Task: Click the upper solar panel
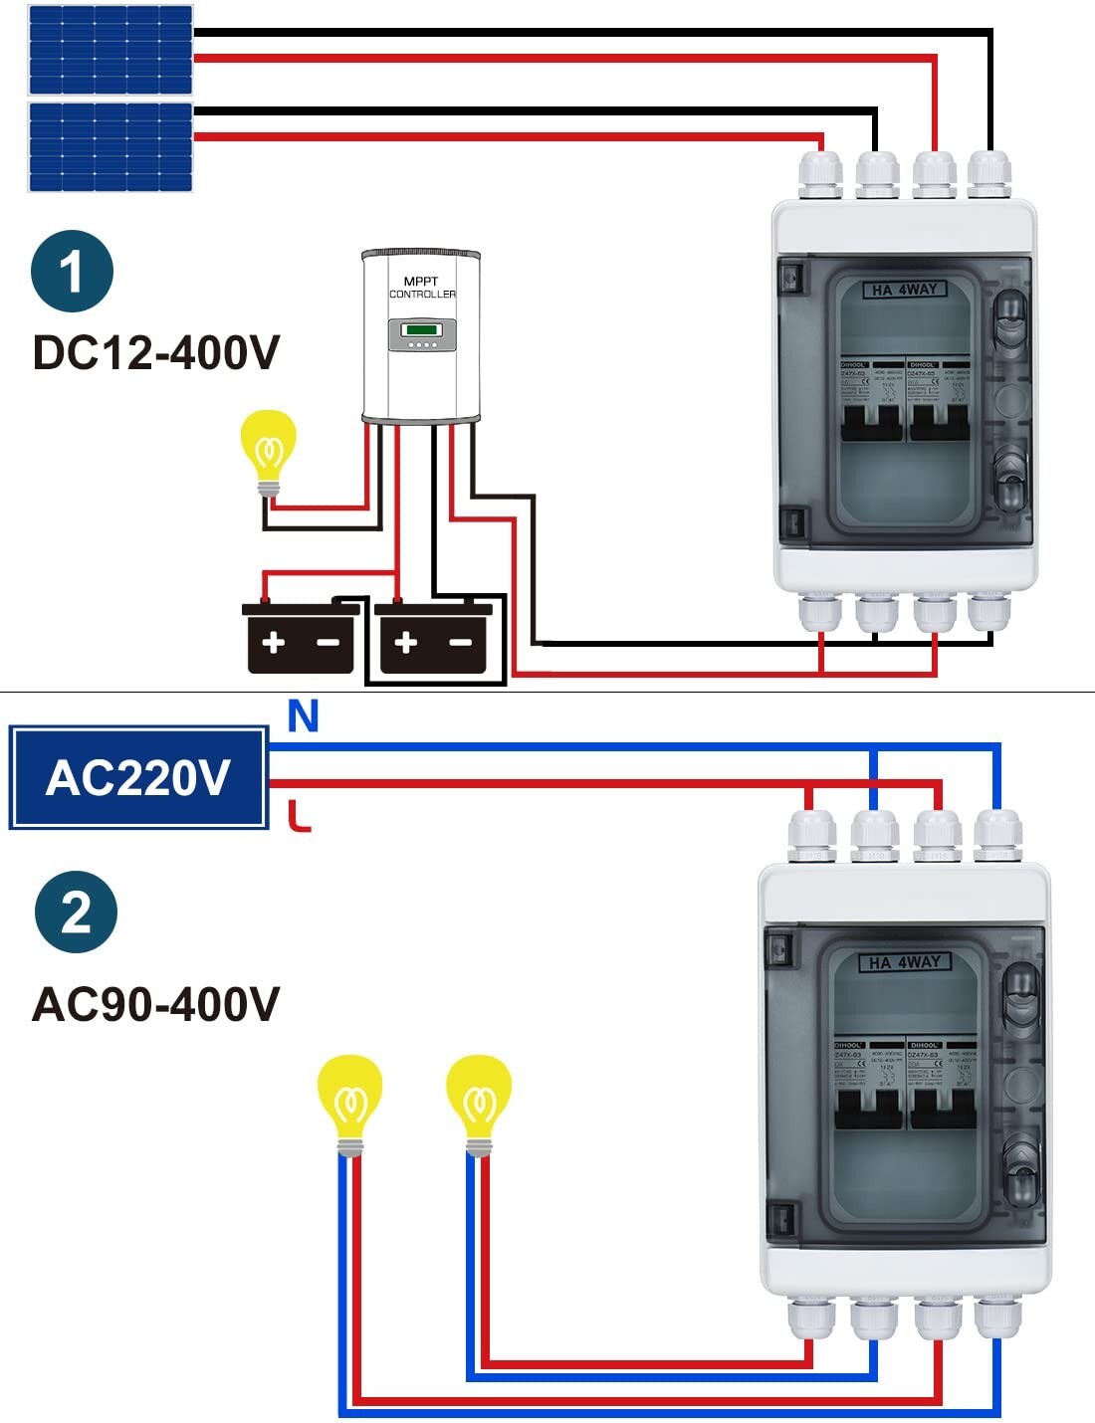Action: click(x=110, y=50)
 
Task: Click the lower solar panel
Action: click(x=110, y=146)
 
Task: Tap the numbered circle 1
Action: click(x=72, y=271)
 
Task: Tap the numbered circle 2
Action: click(x=76, y=912)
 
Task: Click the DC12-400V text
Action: click(x=156, y=353)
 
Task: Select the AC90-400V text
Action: click(x=156, y=1004)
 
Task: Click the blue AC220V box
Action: click(x=138, y=778)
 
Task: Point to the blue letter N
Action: click(x=303, y=716)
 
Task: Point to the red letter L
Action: click(x=299, y=816)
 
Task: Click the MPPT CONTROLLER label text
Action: click(x=422, y=288)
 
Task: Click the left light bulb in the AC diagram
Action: click(x=349, y=1104)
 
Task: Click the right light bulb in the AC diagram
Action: click(x=479, y=1104)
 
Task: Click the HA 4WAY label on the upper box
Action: click(x=904, y=290)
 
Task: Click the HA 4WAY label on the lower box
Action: click(x=905, y=962)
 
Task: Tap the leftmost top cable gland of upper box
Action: click(x=820, y=174)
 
